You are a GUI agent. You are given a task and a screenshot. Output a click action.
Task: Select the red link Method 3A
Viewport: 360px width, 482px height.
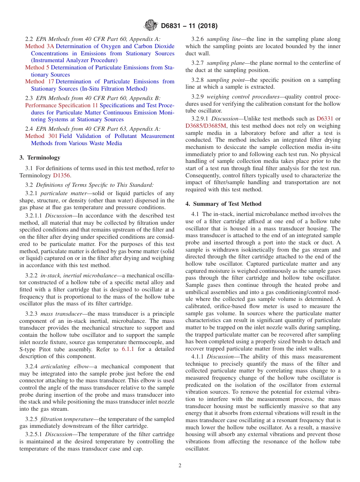(40, 47)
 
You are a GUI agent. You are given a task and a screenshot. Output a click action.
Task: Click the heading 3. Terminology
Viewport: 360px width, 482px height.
(40, 158)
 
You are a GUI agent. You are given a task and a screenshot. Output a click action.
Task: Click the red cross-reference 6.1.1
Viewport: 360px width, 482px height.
(128, 349)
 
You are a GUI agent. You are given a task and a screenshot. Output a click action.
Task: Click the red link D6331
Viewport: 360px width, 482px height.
(323, 119)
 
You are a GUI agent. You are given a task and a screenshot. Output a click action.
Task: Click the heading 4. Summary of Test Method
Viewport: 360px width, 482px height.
(223, 204)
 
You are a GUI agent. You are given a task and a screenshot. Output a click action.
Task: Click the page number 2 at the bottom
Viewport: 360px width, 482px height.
(180, 466)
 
